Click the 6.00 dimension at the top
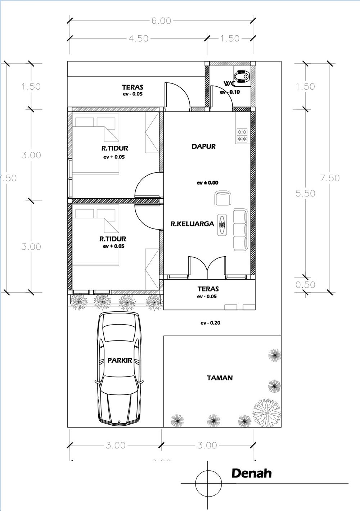[x=161, y=21]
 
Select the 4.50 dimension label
[x=138, y=38]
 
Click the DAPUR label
[x=203, y=146]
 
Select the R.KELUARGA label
[x=192, y=224]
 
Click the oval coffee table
[x=222, y=225]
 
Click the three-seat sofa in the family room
[x=240, y=229]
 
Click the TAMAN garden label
[x=220, y=378]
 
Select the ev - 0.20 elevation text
[x=210, y=323]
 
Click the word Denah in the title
[x=251, y=473]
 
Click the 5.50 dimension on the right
[x=305, y=193]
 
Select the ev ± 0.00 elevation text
[x=207, y=182]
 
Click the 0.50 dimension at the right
[x=305, y=285]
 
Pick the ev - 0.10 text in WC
[x=230, y=92]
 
